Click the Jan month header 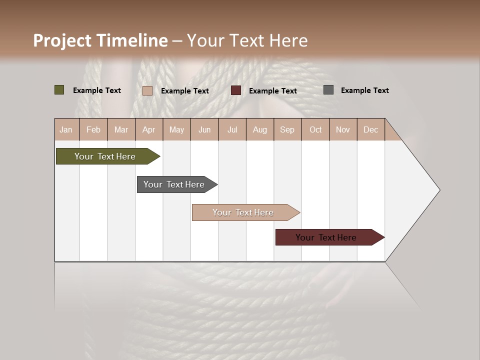(x=66, y=129)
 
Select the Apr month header (x=148, y=129)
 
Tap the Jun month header (x=204, y=129)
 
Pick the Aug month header (x=259, y=129)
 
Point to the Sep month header (x=287, y=129)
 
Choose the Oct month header (x=315, y=129)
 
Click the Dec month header (x=370, y=129)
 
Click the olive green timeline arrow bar (x=105, y=156)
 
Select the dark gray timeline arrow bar (x=174, y=184)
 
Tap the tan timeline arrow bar (x=243, y=212)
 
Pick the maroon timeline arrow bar (x=326, y=237)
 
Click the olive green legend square (x=59, y=90)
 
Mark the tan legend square (x=147, y=90)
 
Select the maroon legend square (x=236, y=90)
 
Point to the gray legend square (x=328, y=90)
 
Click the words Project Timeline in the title (x=100, y=40)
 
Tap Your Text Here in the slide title (x=247, y=40)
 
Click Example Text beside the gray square (x=364, y=90)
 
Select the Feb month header (x=93, y=129)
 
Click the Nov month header (x=343, y=129)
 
